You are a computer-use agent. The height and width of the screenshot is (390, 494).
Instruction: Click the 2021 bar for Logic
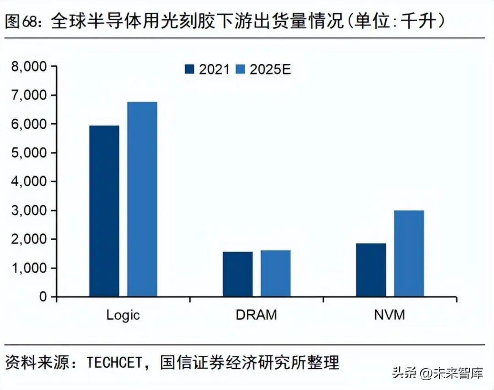coord(104,211)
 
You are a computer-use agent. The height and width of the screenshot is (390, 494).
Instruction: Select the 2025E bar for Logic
coord(142,199)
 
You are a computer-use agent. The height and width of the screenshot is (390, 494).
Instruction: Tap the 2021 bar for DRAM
coord(237,274)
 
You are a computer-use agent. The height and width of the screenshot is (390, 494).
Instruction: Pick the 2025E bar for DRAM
coord(275,273)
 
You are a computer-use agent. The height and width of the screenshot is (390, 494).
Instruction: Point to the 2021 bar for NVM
coord(371,270)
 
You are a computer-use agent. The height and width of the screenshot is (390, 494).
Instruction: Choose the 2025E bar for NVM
coord(409,253)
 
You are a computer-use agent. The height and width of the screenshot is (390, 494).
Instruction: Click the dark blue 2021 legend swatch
coord(190,69)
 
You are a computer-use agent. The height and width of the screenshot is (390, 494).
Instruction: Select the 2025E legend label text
coord(270,69)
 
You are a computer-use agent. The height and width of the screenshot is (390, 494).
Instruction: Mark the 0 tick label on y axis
coord(43,297)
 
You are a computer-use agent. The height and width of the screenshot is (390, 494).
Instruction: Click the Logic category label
coord(123,315)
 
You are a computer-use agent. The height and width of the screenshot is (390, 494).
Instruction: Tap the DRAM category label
coord(257,315)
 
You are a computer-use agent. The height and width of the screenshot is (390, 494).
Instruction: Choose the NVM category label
coord(390,315)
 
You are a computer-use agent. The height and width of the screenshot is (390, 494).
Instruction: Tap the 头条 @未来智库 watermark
coord(437,373)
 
